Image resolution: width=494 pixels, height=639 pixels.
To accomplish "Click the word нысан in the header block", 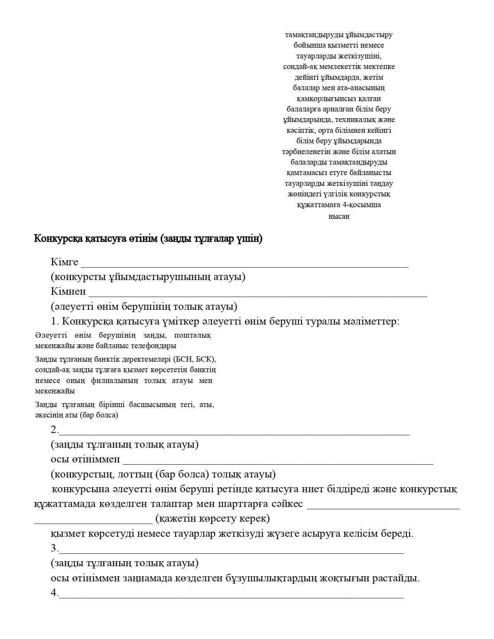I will (x=339, y=216).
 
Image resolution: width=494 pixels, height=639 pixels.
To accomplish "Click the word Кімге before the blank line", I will (x=64, y=262).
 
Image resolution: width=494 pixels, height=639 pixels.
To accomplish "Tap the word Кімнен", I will (x=68, y=292).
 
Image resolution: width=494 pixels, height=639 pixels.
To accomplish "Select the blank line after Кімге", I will (x=244, y=265).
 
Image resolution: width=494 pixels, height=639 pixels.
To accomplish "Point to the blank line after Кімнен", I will (x=258, y=295).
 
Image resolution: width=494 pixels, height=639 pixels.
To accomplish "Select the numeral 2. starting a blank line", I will (x=55, y=429).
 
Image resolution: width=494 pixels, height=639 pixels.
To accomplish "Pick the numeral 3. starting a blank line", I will (x=55, y=548).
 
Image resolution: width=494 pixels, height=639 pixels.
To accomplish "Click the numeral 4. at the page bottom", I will (x=55, y=593).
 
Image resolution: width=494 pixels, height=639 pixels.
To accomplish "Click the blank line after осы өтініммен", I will (x=278, y=462).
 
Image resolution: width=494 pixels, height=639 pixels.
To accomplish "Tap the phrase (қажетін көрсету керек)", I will (x=212, y=519).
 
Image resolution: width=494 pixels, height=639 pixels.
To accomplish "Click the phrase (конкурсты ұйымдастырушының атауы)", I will (x=148, y=277).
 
